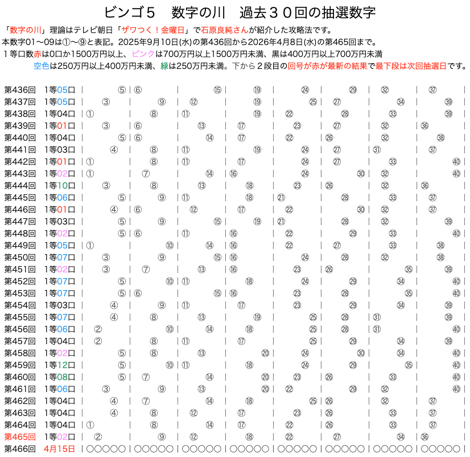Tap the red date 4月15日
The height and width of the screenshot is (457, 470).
click(59, 448)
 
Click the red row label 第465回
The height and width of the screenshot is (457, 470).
click(20, 436)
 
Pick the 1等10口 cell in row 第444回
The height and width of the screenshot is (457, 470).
click(59, 185)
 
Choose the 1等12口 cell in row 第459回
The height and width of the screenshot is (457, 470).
click(59, 365)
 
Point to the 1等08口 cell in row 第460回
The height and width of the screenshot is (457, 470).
click(59, 377)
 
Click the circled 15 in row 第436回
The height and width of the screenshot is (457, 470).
click(217, 89)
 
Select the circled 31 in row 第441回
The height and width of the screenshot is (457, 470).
click(377, 149)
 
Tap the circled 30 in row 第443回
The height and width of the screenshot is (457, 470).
click(361, 173)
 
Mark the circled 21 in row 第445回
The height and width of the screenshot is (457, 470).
click(281, 197)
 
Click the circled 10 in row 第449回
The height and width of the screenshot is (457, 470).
click(170, 245)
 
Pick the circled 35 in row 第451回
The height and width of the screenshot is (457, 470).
click(409, 269)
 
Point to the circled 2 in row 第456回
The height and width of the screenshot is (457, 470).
click(98, 329)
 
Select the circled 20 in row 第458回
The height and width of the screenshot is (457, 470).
click(265, 353)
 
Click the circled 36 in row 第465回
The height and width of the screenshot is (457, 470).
click(424, 436)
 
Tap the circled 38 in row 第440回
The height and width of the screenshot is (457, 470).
click(440, 137)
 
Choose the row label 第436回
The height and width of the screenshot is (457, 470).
click(20, 89)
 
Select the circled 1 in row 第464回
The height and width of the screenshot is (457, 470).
click(90, 425)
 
